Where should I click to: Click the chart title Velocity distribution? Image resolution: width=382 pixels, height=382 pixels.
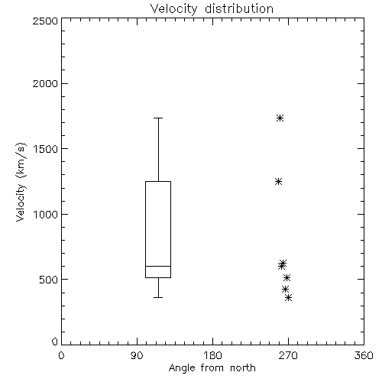[212, 9]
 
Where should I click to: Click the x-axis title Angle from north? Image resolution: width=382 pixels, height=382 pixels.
[212, 368]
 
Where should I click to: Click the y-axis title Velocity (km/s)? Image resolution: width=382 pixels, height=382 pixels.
[21, 182]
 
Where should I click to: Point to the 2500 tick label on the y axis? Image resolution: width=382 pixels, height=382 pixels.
[45, 21]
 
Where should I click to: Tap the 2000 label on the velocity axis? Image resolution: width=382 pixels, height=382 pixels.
[45, 83]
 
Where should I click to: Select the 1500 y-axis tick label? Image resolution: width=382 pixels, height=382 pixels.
[46, 149]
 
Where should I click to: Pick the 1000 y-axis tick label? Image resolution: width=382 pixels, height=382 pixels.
[46, 214]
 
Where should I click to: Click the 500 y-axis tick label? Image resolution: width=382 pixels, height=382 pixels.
[49, 280]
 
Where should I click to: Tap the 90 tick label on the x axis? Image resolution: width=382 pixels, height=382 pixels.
[137, 355]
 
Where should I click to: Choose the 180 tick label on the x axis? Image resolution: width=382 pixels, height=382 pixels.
[212, 355]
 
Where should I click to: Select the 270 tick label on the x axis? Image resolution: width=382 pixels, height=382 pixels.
[288, 355]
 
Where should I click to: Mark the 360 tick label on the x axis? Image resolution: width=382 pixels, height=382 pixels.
[364, 355]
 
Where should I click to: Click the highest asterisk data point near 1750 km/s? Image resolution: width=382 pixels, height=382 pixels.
[280, 118]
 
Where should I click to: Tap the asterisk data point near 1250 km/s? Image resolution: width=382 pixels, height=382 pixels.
[278, 182]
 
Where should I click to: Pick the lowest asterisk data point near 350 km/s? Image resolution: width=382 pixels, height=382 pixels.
[288, 297]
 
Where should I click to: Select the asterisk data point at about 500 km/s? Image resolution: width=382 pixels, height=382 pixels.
[286, 277]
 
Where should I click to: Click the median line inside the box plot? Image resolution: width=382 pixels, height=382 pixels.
[158, 266]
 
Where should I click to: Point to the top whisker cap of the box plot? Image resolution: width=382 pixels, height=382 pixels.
[158, 118]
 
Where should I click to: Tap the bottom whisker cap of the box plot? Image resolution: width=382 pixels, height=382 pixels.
[158, 297]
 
